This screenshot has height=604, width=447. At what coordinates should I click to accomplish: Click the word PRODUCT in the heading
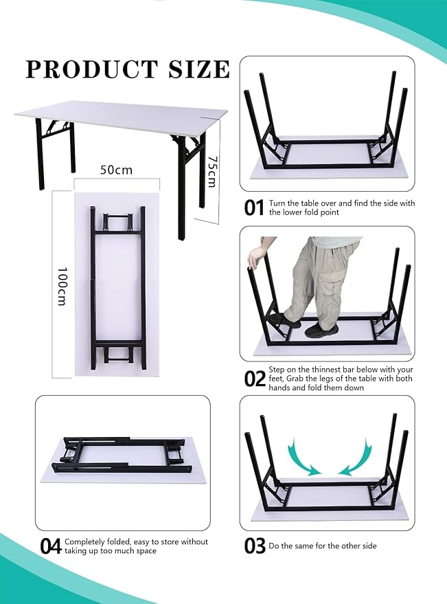pos(91,69)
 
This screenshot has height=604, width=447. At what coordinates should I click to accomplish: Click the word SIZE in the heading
pos(199,69)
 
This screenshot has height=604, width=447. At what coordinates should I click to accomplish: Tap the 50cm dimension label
pos(116,170)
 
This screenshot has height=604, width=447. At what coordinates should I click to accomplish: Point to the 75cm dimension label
pos(211,171)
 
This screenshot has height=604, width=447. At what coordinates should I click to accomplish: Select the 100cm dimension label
pos(62,287)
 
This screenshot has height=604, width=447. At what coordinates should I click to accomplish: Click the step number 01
pos(254,208)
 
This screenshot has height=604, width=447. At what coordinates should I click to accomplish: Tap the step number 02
pos(255,379)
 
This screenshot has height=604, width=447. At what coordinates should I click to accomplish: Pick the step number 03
pos(255,546)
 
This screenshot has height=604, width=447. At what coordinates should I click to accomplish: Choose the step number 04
pos(51,546)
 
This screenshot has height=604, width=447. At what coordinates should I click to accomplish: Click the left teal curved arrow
pos(302,457)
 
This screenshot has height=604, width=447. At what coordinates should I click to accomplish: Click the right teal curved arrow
pos(356,457)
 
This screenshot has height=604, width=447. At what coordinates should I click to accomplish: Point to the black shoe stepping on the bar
pos(285,320)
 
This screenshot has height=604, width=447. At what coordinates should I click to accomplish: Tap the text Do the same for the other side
pos(323,546)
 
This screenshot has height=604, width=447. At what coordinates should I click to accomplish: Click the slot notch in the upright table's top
pos(210,117)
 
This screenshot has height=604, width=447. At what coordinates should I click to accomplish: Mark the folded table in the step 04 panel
pos(123,458)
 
